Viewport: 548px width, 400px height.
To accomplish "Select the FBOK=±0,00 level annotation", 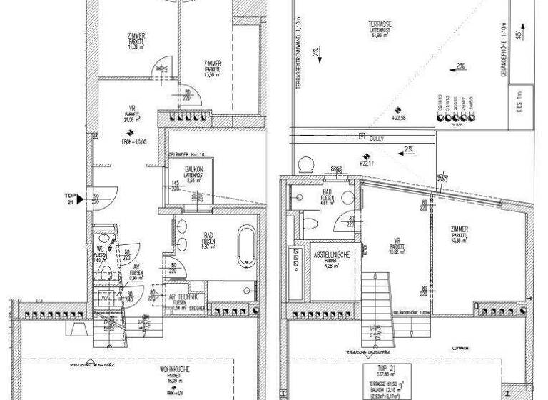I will [x=133, y=141].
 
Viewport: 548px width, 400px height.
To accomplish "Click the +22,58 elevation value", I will [x=400, y=119].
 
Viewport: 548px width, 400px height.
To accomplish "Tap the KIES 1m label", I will [x=519, y=94].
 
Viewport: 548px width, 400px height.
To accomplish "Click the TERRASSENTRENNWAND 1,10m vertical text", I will [x=298, y=54].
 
